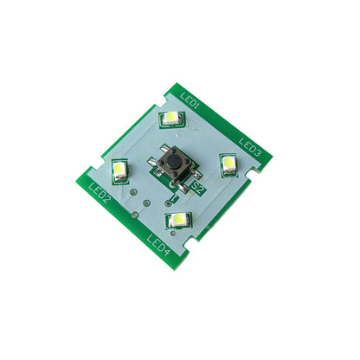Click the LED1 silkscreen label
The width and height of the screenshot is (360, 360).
tap(190, 102)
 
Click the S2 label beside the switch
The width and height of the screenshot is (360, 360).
tap(198, 185)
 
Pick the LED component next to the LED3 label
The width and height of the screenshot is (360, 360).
tap(228, 164)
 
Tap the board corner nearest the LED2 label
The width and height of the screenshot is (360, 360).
tap(87, 183)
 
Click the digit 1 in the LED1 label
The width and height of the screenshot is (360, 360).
tap(198, 107)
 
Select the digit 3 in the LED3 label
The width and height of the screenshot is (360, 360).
tap(258, 155)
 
